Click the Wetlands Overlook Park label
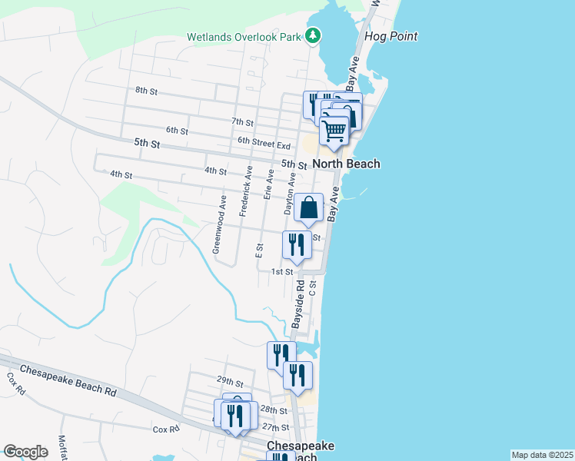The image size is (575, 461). click(245, 37)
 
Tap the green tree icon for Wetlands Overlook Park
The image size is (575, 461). click(313, 35)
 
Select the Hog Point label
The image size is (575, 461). click(392, 36)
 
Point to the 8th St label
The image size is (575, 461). click(146, 91)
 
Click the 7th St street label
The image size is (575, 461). click(242, 121)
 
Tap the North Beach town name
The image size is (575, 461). click(345, 164)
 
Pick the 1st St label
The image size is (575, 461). click(282, 271)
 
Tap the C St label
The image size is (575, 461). click(312, 288)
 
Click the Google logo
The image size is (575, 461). click(25, 452)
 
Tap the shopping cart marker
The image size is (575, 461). click(334, 131)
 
